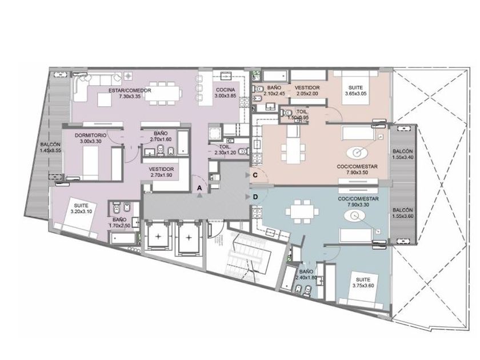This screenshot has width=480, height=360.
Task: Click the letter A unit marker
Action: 199,187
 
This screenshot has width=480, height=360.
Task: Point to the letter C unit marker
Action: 255,175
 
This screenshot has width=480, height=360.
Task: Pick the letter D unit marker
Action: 255,197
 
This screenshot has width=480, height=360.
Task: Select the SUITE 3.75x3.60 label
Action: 363,280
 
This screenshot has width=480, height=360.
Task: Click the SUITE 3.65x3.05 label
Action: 357,90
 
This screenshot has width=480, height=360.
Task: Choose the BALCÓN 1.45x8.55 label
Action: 50,147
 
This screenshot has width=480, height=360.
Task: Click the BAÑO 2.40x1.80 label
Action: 306,275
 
